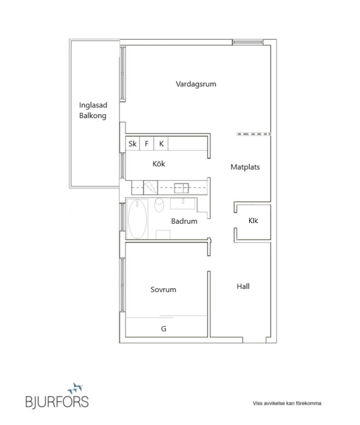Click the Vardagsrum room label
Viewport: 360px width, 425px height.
[x=196, y=84]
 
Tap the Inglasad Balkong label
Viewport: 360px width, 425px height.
[x=93, y=110]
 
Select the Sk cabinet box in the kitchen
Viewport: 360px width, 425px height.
[x=132, y=143]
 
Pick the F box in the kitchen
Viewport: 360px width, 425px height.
[x=147, y=143]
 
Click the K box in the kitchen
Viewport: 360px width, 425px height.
[x=161, y=143]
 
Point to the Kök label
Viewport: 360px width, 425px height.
[x=158, y=164]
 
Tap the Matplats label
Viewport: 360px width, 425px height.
[x=244, y=167]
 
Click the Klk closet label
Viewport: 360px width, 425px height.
[x=253, y=220]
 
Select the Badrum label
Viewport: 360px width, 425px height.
[x=184, y=221]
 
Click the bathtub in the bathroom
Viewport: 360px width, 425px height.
[x=137, y=219]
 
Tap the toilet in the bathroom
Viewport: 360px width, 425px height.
[x=159, y=205]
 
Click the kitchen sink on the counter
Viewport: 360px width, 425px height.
[x=182, y=187]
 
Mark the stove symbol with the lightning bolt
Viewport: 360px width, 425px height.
[x=153, y=187]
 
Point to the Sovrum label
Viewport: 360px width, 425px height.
[x=163, y=290]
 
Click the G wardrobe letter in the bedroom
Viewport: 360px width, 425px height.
[x=163, y=329]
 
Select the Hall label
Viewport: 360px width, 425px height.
[x=243, y=287]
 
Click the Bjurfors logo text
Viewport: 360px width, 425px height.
[x=56, y=401]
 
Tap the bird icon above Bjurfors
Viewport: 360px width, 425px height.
[x=74, y=386]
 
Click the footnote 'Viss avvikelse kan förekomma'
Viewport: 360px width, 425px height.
[x=288, y=402]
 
